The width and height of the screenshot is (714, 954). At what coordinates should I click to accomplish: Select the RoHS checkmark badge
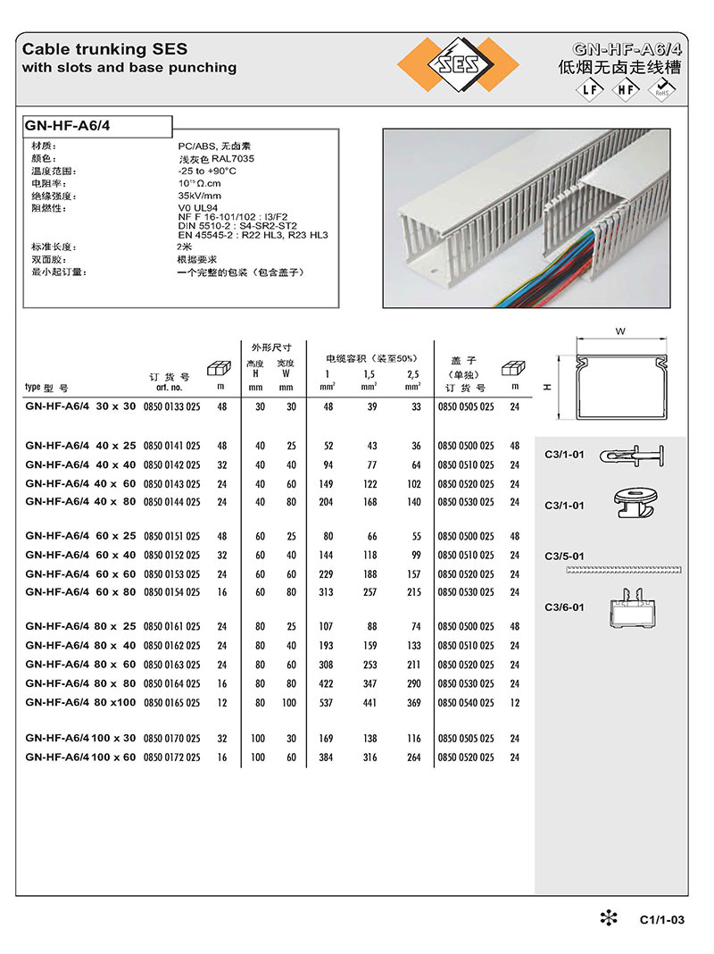point(663,88)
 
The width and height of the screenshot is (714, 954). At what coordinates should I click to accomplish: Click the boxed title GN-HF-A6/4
point(69,126)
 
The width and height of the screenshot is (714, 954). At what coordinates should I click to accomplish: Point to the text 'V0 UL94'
point(198,208)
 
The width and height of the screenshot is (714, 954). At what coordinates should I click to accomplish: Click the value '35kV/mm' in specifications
point(199,196)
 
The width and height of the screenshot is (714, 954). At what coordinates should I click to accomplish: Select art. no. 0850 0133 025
point(171,406)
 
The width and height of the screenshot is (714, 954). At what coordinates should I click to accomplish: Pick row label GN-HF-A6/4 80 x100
point(81,703)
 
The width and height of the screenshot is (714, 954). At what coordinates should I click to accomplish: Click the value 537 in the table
point(328,703)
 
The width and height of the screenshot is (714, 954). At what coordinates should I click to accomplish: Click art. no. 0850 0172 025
point(171,757)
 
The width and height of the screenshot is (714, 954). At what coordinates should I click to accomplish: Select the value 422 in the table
point(328,683)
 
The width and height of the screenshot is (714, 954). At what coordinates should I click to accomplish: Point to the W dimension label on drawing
point(619,331)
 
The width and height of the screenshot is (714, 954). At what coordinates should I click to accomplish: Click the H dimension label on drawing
point(544,387)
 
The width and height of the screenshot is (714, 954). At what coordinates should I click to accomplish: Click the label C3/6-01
point(564,607)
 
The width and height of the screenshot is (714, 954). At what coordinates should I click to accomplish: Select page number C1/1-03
point(661,920)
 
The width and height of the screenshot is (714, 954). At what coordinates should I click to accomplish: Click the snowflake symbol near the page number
point(607,917)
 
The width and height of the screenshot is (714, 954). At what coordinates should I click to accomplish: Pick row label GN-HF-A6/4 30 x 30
point(81,406)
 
